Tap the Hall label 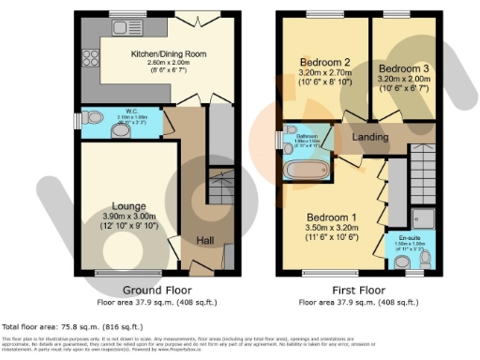204,240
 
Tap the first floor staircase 423,177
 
